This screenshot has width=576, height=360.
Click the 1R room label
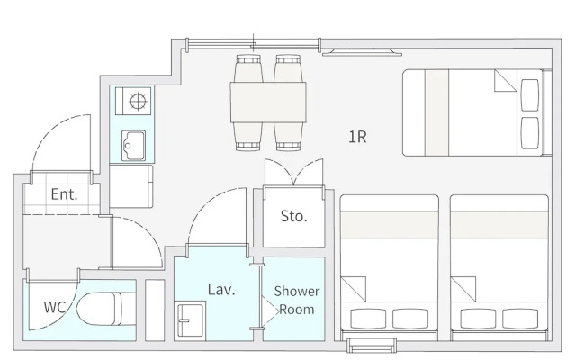click(x=357, y=137)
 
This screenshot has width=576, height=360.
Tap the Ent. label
click(x=64, y=193)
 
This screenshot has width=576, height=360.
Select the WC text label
click(x=55, y=306)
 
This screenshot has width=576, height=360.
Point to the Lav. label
click(x=221, y=290)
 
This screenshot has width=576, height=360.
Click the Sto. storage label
click(x=294, y=216)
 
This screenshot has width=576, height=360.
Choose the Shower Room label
click(x=297, y=300)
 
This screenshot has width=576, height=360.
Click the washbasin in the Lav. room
click(x=191, y=319)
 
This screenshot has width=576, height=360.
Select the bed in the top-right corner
click(x=472, y=112)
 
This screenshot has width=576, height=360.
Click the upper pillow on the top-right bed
click(x=531, y=92)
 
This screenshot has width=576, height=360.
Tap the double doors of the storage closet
click(x=293, y=173)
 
